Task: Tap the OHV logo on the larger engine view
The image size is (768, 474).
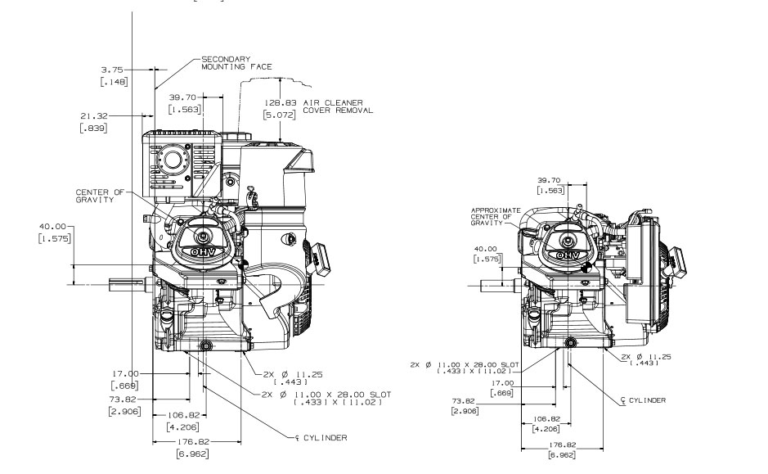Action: pos(200,245)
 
